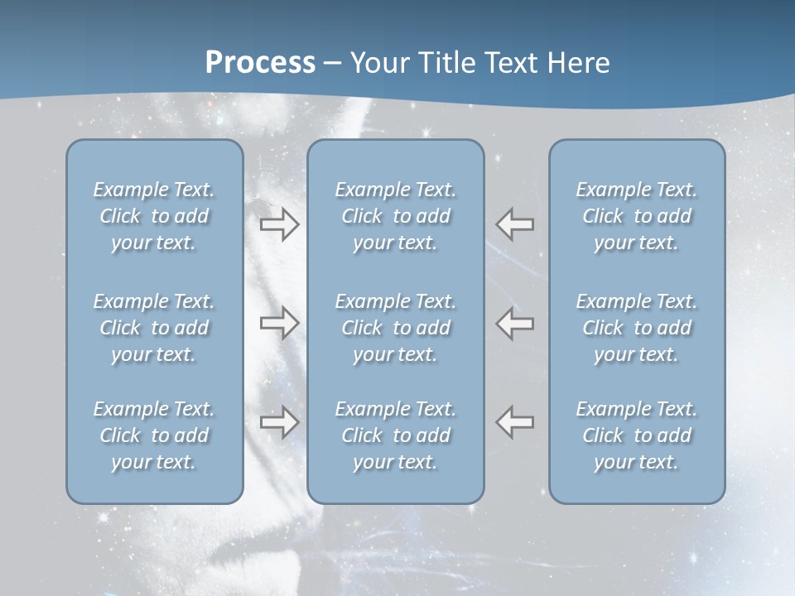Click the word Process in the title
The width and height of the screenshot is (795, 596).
coord(260,63)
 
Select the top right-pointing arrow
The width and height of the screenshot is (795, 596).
coord(279,224)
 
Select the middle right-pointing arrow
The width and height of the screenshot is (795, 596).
coord(279,323)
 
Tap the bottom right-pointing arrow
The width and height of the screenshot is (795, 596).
coord(279,422)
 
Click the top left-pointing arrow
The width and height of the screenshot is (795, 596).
coord(514,224)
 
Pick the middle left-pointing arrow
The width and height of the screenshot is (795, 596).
coord(514,323)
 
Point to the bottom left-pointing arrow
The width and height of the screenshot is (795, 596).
coord(514,422)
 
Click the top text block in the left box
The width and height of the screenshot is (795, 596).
coord(154,216)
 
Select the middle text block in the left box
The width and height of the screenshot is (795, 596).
coord(154,328)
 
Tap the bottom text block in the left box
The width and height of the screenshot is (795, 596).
coord(154,435)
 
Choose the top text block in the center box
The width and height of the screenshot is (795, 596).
coord(395,216)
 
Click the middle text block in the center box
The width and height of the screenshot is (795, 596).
coord(395,328)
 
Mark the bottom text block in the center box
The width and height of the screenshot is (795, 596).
coord(395,435)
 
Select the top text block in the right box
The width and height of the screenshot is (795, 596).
coord(636,216)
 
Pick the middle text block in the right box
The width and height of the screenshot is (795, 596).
coord(636,328)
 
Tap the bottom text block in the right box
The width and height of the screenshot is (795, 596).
coord(636,435)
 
